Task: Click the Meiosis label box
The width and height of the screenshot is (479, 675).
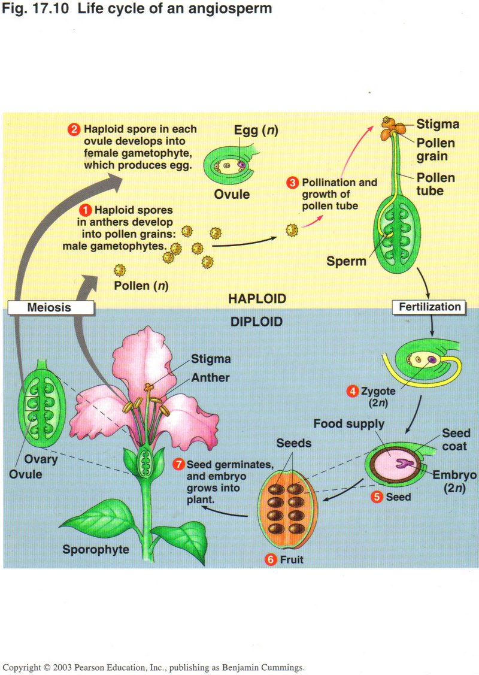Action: pos(49,308)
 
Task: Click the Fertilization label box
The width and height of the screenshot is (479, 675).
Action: pos(430,307)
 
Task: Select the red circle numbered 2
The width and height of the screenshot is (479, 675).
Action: pos(75,129)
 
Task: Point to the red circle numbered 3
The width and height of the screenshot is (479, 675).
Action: pos(292,182)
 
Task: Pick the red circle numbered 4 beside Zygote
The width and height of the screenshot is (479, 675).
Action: pos(353,391)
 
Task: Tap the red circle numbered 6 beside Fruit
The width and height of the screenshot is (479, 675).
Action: pos(271,560)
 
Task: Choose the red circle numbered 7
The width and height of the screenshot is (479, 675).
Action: pos(178,464)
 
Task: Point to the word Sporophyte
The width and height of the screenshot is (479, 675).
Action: pos(96,548)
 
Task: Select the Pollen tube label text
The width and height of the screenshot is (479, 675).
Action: pos(435,184)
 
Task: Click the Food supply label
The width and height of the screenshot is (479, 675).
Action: pos(349,424)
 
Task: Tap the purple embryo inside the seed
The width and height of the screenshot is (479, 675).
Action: pos(407,463)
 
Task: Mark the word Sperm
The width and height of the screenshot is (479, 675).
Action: pos(346,261)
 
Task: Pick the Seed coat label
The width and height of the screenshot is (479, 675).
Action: pos(456,439)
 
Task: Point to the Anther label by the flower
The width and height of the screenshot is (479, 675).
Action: pos(210,377)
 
